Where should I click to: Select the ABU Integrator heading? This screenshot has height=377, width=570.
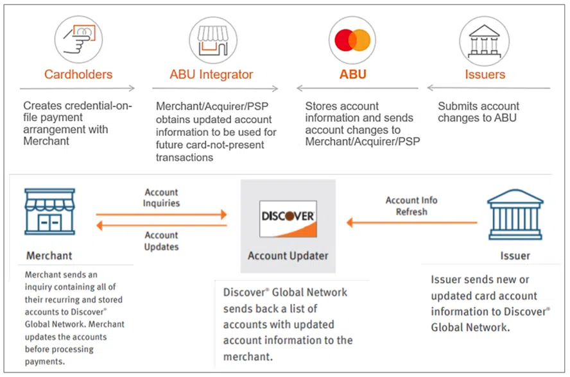[x=211, y=74]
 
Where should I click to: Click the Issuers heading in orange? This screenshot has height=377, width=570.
[x=485, y=74]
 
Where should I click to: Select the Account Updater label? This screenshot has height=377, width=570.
[x=288, y=255]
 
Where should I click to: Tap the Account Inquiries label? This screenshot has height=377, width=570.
[x=162, y=197]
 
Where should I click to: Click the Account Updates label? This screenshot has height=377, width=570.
[x=162, y=241]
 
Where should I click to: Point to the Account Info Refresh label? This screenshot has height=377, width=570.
[x=411, y=206]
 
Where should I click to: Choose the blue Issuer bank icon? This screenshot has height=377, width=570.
[x=515, y=214]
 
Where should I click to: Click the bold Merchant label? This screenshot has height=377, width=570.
[x=49, y=256]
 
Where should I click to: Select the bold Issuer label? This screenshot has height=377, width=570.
[x=515, y=256]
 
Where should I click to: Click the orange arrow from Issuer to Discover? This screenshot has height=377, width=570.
[x=411, y=222]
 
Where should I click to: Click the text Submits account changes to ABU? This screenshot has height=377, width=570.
[x=478, y=112]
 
